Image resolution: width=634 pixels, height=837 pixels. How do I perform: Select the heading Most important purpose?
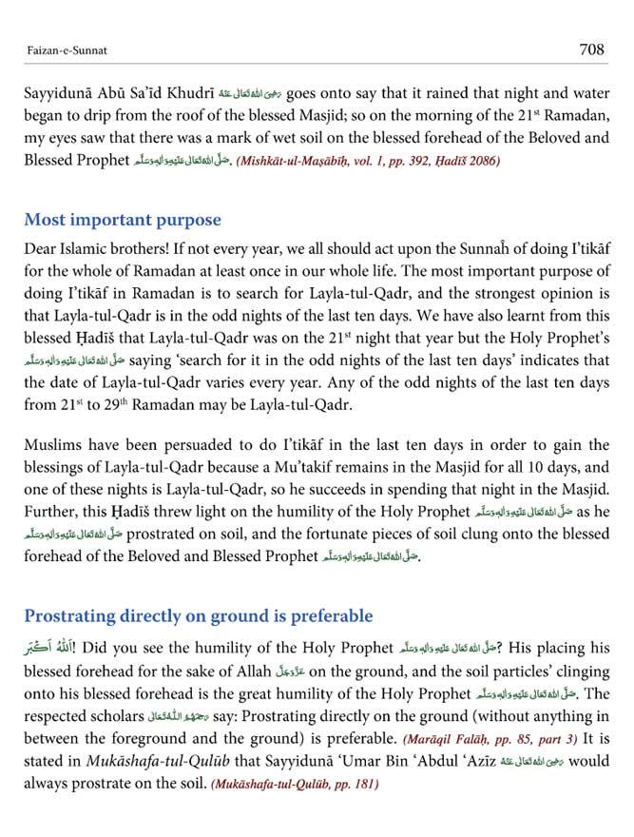click(x=123, y=221)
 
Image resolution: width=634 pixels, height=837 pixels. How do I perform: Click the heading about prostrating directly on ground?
click(x=199, y=615)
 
